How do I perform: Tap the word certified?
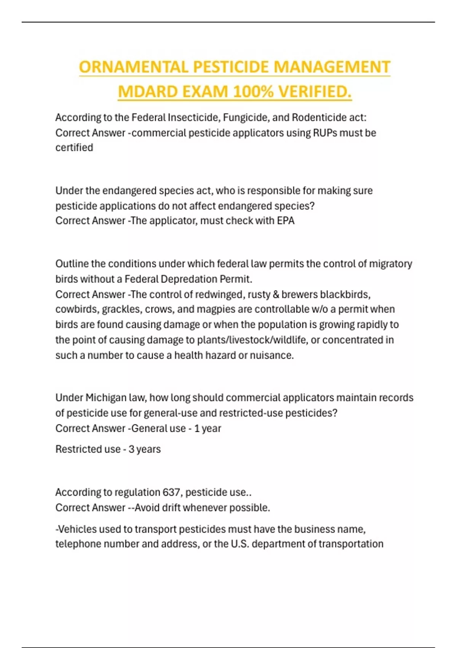point(74,148)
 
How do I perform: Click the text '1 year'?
point(208,428)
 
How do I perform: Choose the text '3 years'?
point(145,449)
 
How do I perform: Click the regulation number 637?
point(171,492)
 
